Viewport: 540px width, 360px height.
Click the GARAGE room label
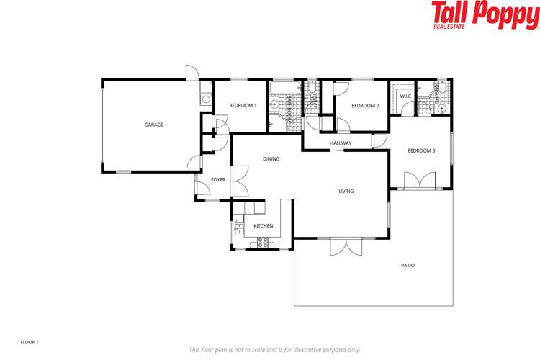(154, 125)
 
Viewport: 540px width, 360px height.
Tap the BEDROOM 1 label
(243, 106)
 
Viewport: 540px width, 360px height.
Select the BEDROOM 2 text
(365, 106)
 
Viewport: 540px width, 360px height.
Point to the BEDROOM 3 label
(421, 150)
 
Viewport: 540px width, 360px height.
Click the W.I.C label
(405, 96)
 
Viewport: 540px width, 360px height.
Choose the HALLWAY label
(341, 143)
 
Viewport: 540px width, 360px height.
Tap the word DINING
(271, 158)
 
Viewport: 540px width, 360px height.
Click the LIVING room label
(346, 191)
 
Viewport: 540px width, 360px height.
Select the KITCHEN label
(264, 226)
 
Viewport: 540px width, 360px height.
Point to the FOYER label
(218, 179)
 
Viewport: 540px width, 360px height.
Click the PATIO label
(408, 265)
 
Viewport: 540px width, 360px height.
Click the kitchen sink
(238, 230)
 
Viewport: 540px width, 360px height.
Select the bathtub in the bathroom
(283, 89)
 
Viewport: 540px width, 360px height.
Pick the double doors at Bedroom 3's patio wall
(420, 180)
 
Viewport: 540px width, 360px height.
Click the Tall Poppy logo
(485, 15)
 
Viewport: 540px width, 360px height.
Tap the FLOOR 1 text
(29, 342)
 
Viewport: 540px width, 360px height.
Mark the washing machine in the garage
(205, 99)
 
